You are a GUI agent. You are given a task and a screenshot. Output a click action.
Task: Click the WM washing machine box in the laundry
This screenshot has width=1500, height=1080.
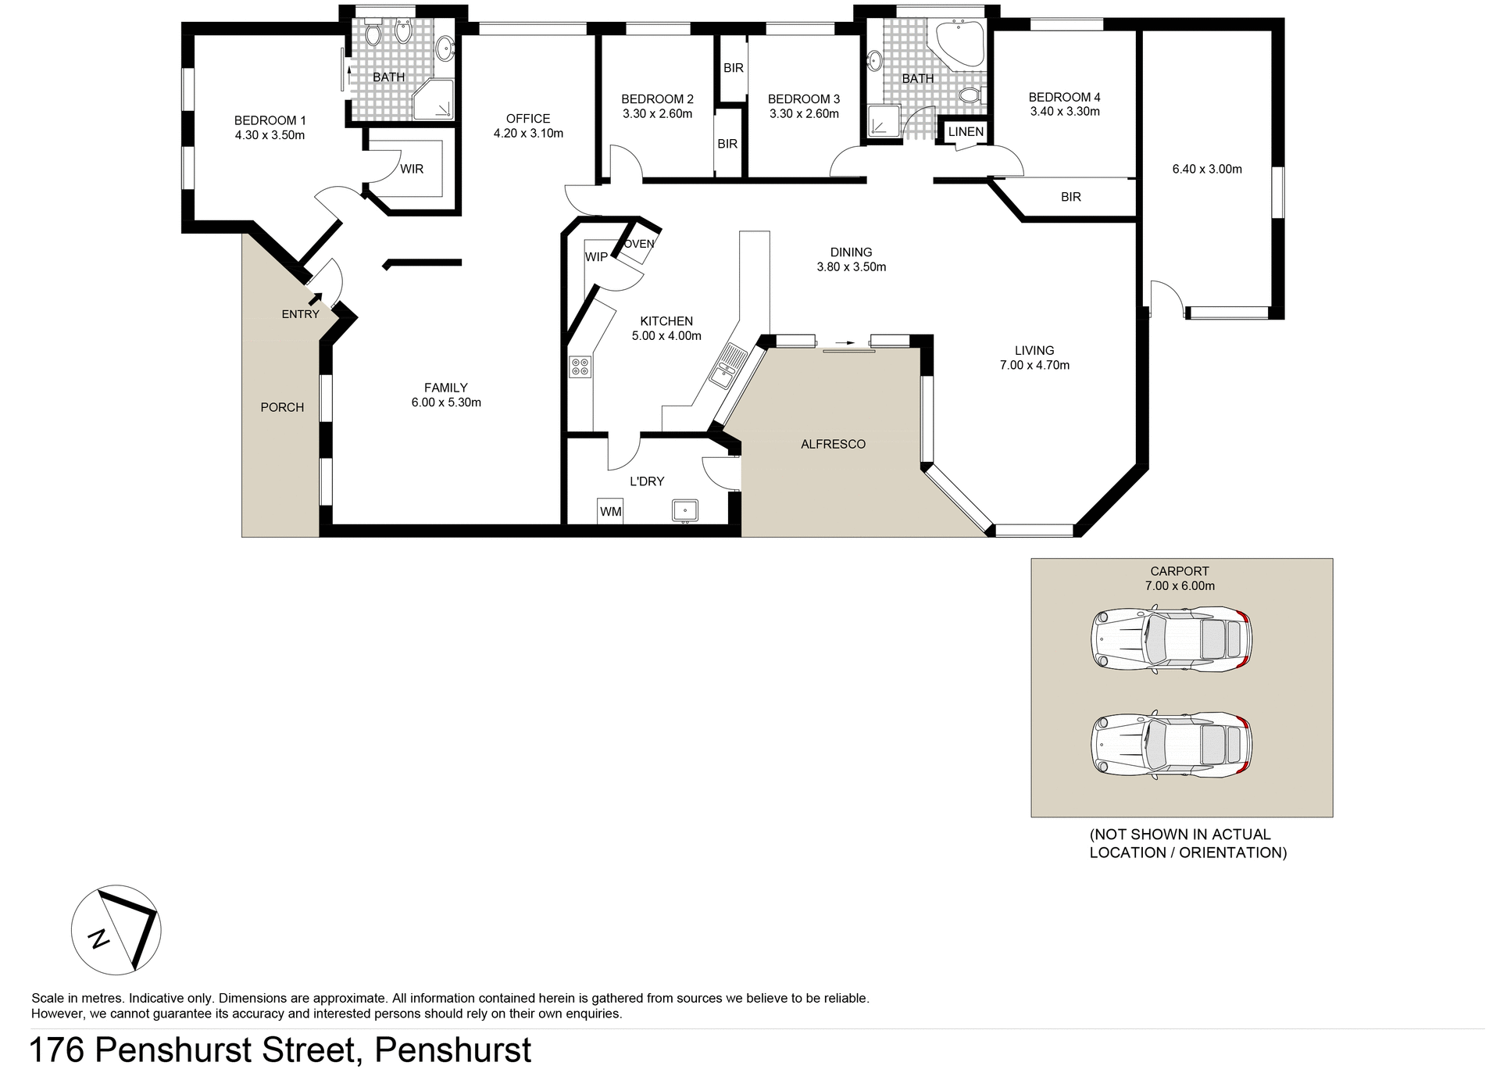coord(610,511)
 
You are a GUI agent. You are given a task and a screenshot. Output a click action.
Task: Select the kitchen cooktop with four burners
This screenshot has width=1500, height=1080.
coord(580,366)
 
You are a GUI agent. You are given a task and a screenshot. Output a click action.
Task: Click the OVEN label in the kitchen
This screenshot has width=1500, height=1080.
coord(639,244)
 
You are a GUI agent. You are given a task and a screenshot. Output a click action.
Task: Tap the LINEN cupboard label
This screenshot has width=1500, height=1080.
coord(966,131)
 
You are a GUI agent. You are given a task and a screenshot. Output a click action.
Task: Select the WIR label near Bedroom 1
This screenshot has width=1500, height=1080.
coord(412,169)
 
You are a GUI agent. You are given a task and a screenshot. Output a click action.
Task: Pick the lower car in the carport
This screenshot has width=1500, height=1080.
coord(1171,745)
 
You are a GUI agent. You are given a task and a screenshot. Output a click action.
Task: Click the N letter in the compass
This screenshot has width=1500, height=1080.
coord(99,938)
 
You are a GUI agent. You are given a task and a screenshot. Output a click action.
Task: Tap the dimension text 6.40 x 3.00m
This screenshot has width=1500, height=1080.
coord(1207,169)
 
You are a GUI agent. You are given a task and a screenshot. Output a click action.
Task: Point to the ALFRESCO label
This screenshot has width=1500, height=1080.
coord(833,444)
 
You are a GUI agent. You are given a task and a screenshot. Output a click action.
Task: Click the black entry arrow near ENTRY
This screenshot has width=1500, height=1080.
coord(316,298)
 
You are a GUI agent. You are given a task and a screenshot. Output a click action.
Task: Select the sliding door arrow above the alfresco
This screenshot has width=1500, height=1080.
coord(845,342)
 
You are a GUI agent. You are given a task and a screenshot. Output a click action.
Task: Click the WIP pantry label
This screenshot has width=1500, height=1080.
coord(596,257)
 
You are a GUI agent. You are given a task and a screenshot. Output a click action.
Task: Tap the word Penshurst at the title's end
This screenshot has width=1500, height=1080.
coord(453,1050)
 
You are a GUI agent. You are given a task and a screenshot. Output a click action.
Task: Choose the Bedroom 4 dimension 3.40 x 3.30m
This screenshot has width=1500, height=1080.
coord(1065,112)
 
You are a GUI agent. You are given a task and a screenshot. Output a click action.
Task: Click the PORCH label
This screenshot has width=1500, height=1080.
coord(282,407)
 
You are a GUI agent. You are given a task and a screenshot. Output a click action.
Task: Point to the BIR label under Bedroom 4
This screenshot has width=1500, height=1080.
coord(1070,197)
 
